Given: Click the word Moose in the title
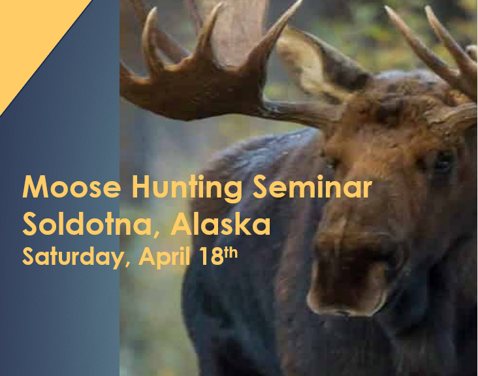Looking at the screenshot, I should pos(71,188).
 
